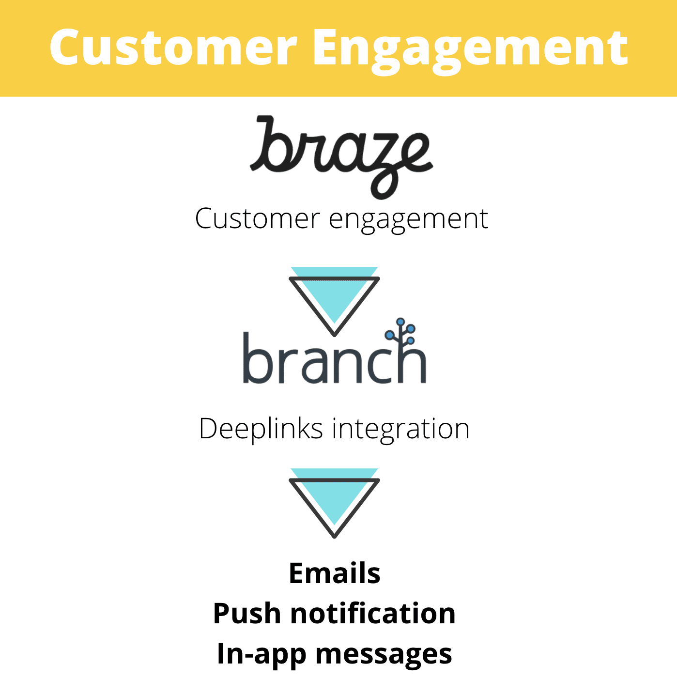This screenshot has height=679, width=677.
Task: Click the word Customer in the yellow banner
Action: pos(173,47)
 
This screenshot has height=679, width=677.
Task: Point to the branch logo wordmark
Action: pos(334,358)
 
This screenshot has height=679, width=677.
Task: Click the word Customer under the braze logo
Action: pos(257,218)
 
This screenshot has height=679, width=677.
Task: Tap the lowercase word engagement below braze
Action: pos(408,219)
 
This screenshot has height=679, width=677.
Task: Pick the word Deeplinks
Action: pos(261,429)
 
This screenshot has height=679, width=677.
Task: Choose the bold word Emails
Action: pos(334,573)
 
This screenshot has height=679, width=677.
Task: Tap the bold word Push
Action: pos(246,614)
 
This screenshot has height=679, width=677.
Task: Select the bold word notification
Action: pos(373,614)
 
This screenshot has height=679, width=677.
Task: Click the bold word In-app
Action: pos(262,654)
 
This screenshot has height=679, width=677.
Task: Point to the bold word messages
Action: pos(384,654)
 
